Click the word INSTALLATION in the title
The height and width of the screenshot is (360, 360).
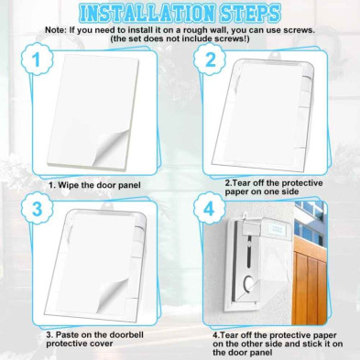146,13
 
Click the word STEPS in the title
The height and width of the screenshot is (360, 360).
248,13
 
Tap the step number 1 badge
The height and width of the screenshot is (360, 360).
37,60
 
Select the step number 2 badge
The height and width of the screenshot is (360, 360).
211,60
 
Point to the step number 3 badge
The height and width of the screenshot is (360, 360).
37,210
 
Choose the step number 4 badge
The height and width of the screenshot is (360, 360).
209,210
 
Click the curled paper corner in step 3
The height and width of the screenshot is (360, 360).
112,295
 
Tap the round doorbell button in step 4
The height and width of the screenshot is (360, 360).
249,282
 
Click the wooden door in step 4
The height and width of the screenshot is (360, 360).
310,282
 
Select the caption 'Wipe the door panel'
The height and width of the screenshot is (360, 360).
94,185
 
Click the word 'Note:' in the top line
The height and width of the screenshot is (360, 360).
56,30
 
